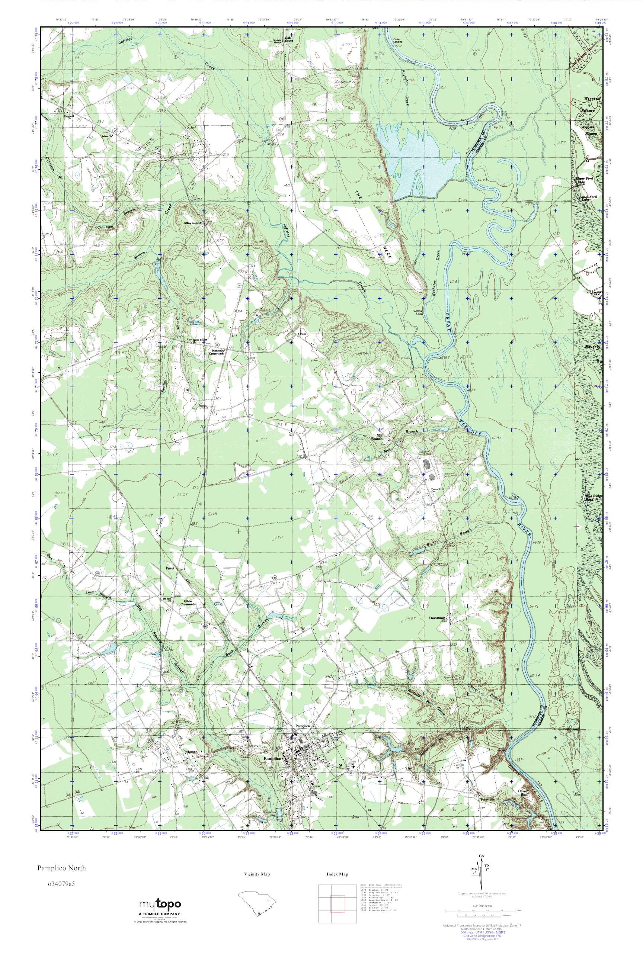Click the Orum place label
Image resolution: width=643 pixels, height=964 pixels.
(302, 334)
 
